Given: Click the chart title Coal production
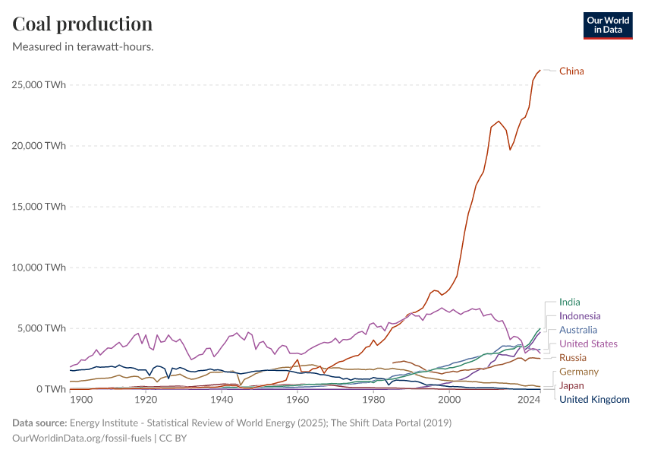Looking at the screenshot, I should click(83, 24).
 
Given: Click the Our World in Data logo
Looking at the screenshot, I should click(607, 25).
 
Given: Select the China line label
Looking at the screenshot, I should click(571, 71).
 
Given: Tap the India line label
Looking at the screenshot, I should click(569, 302).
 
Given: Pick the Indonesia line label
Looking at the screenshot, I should click(580, 316).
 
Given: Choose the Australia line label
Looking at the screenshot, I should click(578, 330).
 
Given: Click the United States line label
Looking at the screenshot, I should click(588, 344).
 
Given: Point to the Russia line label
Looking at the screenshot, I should click(573, 358).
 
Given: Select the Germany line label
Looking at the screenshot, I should click(579, 372).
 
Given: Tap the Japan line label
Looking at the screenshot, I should click(571, 385).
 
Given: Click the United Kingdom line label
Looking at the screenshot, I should click(594, 399).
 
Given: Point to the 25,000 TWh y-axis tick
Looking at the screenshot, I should click(39, 84).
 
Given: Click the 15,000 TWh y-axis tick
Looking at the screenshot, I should click(39, 206).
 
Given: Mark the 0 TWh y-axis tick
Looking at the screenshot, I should click(49, 388).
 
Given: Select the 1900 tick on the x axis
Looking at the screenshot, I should click(81, 400).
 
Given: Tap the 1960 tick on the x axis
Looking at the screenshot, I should click(297, 400).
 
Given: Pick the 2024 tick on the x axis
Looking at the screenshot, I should click(529, 400).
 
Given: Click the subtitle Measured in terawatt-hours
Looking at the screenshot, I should click(83, 47).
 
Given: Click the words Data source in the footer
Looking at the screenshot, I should click(38, 423).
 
